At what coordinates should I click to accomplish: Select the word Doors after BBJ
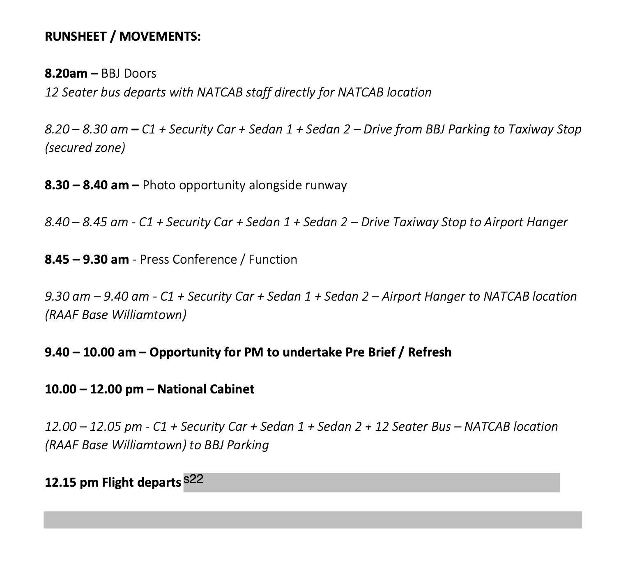[x=140, y=74]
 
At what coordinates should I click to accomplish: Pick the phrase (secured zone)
[x=85, y=148]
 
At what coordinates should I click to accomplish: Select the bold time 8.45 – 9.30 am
[x=87, y=260]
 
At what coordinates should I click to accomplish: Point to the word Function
[x=273, y=260]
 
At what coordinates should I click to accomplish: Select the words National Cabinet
[x=206, y=389]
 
